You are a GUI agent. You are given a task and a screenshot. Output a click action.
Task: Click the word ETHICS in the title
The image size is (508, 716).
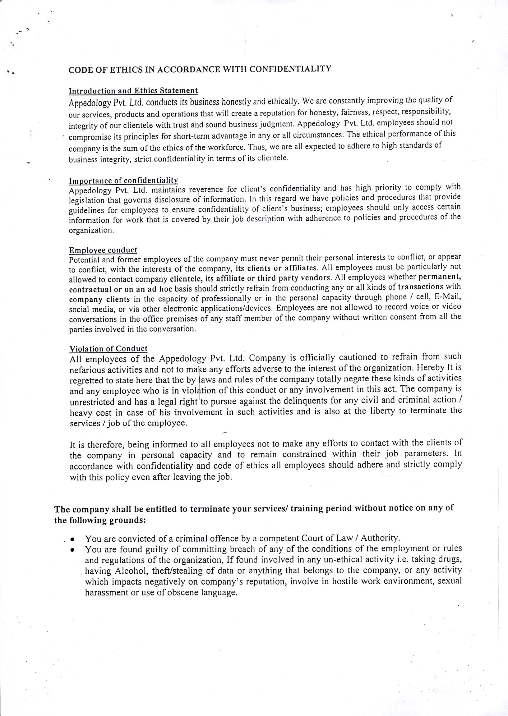(125, 70)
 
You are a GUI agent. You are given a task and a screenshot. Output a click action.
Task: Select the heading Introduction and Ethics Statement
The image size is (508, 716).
(133, 91)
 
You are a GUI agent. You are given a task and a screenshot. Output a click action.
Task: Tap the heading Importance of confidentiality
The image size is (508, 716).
(123, 181)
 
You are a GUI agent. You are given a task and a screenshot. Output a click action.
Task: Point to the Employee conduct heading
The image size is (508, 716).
(103, 250)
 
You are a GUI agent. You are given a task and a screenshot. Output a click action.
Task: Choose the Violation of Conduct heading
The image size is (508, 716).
(108, 349)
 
